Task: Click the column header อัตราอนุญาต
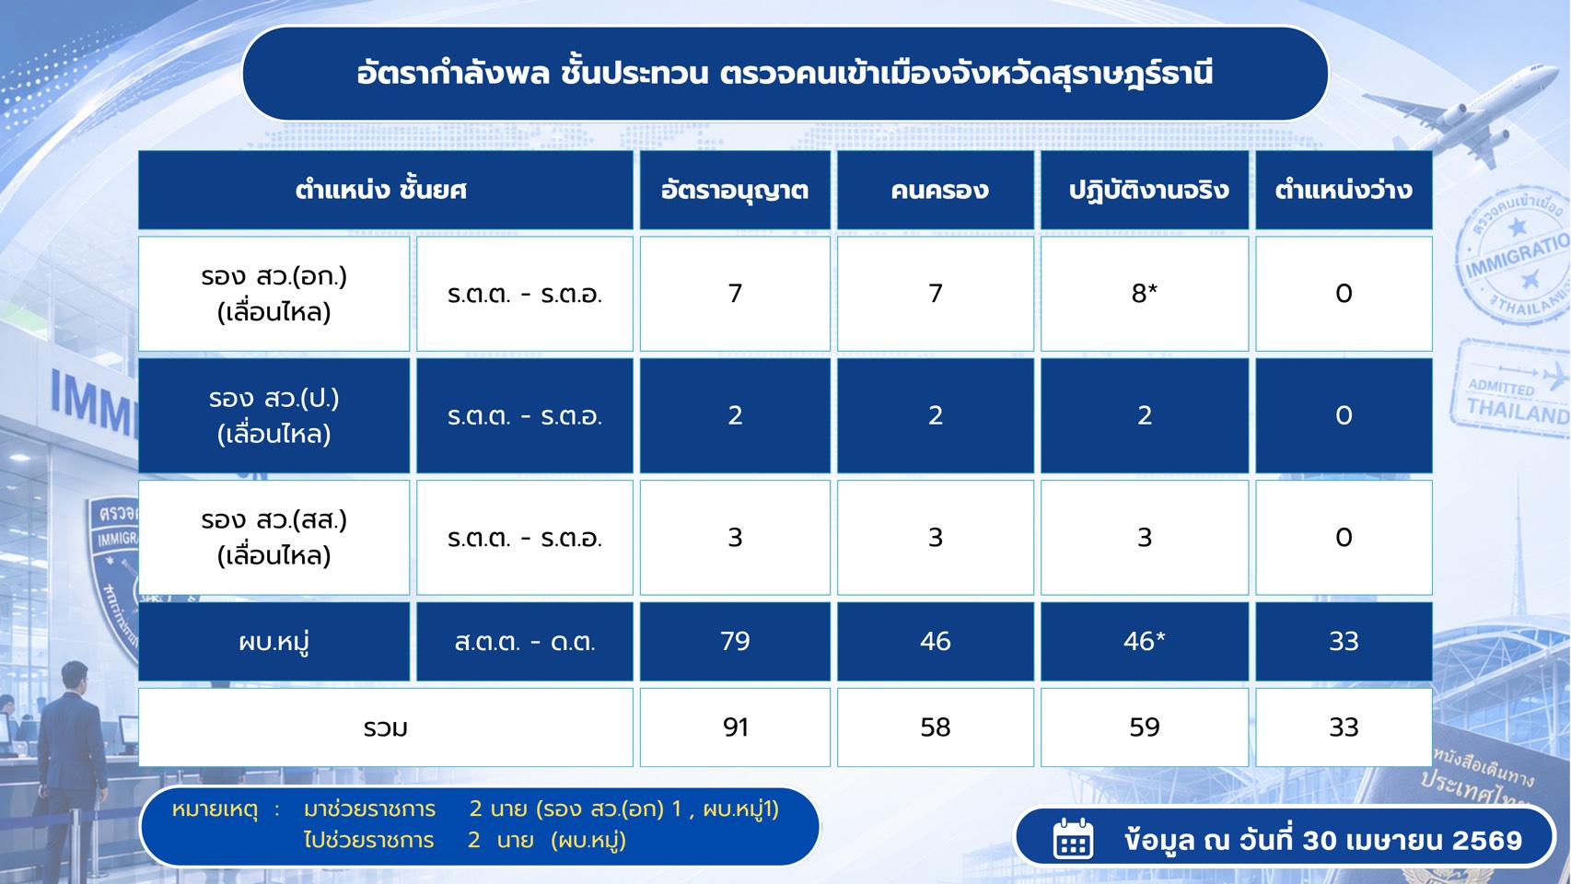(x=734, y=190)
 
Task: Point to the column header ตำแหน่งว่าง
(x=1343, y=190)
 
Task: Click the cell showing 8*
(x=1145, y=293)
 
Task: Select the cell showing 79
(x=735, y=641)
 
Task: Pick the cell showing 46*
(x=1145, y=641)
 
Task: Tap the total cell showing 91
(x=735, y=727)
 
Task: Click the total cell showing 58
(x=936, y=727)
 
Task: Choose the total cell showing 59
(x=1145, y=727)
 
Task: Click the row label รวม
(x=386, y=728)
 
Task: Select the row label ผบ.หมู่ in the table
(x=273, y=642)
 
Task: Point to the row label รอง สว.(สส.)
(x=273, y=520)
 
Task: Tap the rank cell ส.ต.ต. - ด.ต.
(x=525, y=641)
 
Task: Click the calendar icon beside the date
(x=1073, y=838)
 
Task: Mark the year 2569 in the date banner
(x=1487, y=841)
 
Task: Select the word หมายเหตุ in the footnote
(x=215, y=809)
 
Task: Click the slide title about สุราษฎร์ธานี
(x=785, y=74)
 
